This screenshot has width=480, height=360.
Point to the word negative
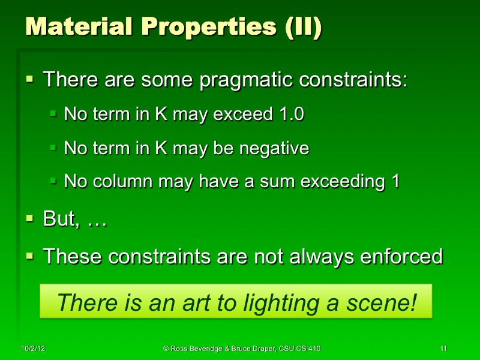pos(274,148)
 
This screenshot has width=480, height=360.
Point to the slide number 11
pos(443,349)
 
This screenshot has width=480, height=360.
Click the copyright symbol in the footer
pos(166,349)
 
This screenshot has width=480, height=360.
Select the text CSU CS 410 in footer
pos(292,349)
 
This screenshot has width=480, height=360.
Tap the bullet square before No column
pos(53,181)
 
